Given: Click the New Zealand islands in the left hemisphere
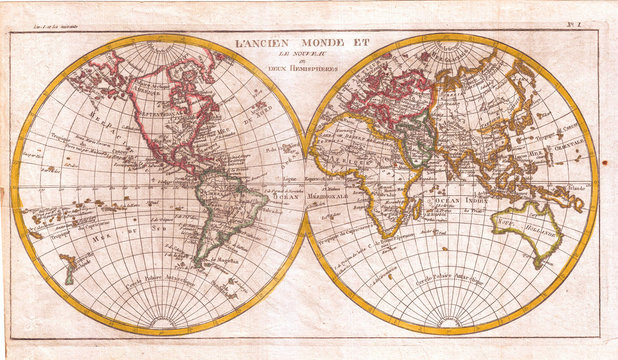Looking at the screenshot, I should pyautogui.click(x=68, y=266).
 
